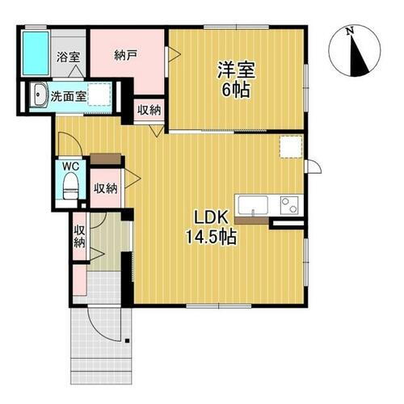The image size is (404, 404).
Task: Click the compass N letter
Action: coord(350,32)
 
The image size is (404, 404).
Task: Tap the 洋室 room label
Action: coord(236,69)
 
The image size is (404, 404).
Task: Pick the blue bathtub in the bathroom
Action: coord(36,52)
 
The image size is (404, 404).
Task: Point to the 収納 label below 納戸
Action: coord(147,111)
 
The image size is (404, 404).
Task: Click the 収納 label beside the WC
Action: coord(104,188)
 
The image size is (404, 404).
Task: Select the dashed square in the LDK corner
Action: coord(289,148)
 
